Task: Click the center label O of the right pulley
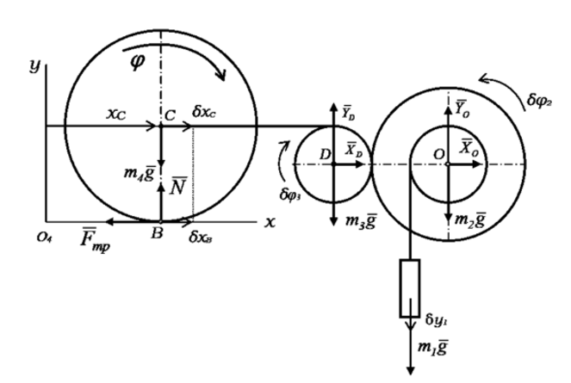pos(438,152)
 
